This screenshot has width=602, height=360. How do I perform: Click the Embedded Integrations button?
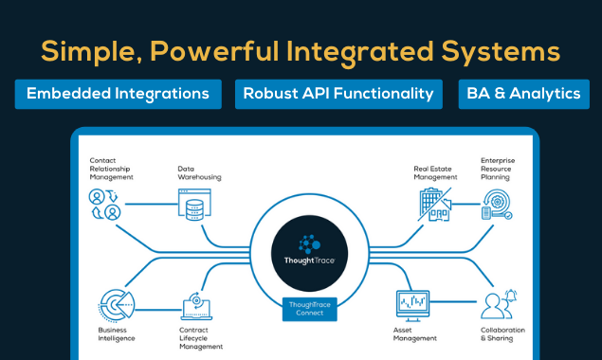[x=119, y=94]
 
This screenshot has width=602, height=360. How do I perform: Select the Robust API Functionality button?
[x=338, y=94]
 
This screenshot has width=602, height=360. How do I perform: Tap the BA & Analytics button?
[x=523, y=94]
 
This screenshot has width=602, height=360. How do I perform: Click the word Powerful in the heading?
[x=214, y=51]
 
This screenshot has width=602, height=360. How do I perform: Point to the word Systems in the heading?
[x=501, y=52]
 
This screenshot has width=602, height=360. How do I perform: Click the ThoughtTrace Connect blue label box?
[x=310, y=309]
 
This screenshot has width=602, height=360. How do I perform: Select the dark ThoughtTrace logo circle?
[x=309, y=253]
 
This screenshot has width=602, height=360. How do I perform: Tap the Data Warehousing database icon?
[x=194, y=205]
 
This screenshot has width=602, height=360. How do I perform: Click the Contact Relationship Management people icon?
[x=105, y=205]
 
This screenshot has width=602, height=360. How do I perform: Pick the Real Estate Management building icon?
[x=435, y=205]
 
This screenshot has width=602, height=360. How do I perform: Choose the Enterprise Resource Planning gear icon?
[x=497, y=205]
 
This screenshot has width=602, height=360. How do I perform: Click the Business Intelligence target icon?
[x=117, y=305]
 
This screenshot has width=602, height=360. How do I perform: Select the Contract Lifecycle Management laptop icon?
[x=196, y=306]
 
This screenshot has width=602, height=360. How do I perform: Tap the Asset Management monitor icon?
[x=412, y=306]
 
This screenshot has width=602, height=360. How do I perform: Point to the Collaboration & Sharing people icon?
[x=499, y=304]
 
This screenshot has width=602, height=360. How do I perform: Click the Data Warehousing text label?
[x=199, y=173]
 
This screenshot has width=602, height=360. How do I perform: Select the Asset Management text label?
[x=415, y=334]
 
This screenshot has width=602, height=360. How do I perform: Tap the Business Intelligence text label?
[x=117, y=334]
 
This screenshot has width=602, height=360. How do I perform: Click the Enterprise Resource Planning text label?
[x=498, y=169]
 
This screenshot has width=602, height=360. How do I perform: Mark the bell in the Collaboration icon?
[x=511, y=296]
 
